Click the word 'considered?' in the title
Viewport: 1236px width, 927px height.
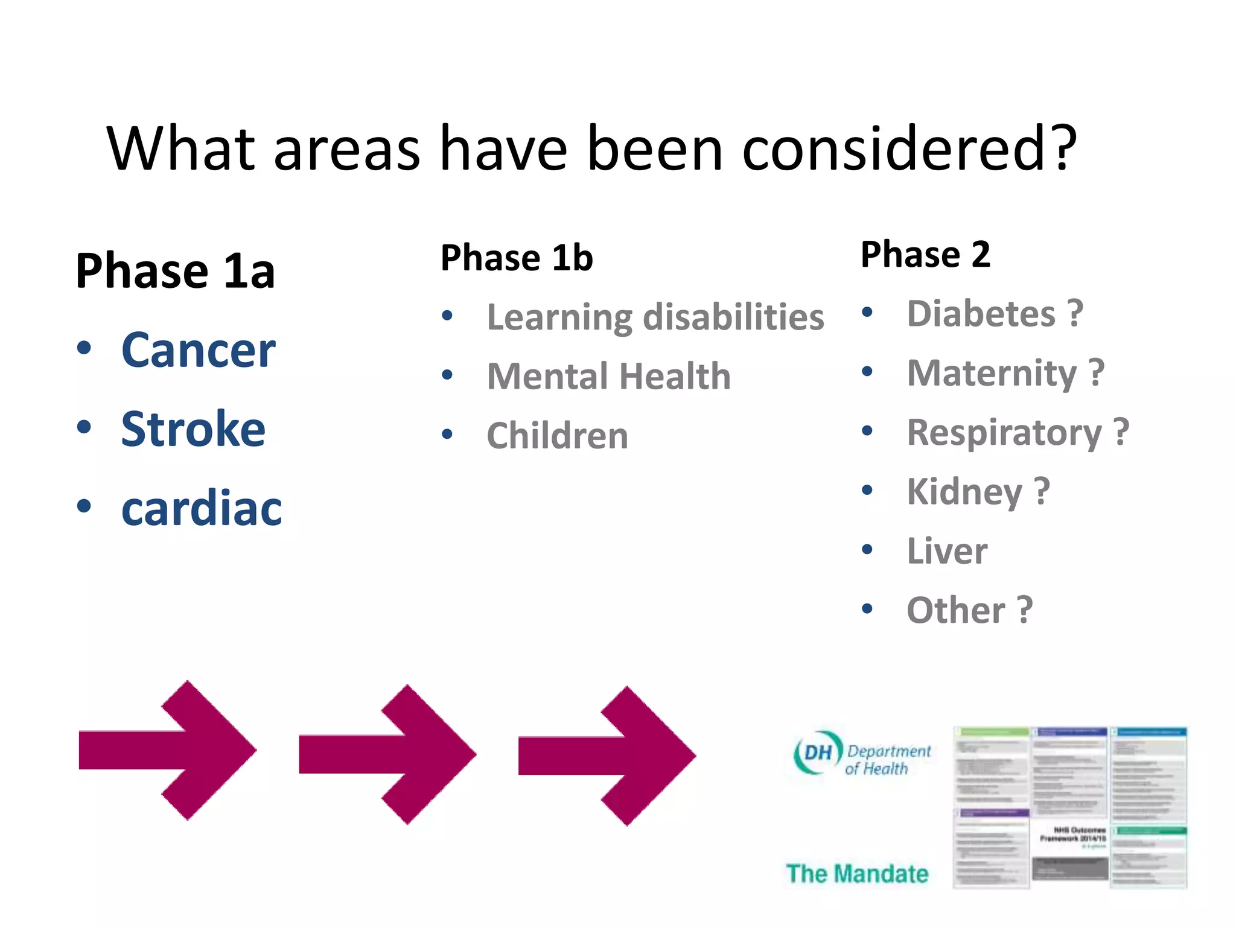click(x=908, y=149)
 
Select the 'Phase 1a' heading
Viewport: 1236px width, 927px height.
click(x=175, y=271)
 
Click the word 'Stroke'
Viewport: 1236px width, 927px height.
click(x=193, y=429)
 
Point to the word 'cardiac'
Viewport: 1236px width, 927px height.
click(x=202, y=508)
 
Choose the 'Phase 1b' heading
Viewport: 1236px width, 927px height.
click(x=517, y=258)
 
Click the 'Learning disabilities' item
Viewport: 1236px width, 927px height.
click(x=655, y=317)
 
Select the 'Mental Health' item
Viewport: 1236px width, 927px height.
click(x=608, y=376)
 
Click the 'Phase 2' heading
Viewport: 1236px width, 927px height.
click(x=925, y=254)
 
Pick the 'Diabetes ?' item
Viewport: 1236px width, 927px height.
click(x=995, y=314)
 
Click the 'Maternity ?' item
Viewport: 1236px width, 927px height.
click(x=1005, y=373)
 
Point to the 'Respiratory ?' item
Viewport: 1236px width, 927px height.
click(x=1018, y=432)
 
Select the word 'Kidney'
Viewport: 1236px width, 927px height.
click(x=964, y=491)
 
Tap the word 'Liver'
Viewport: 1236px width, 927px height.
click(x=947, y=550)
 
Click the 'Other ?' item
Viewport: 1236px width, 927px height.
click(x=969, y=610)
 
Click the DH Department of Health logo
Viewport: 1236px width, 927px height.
click(x=862, y=754)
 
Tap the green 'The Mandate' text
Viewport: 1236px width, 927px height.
click(x=857, y=873)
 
